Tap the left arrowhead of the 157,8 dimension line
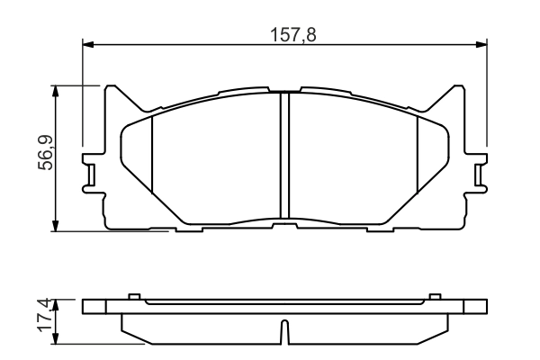(x=87, y=43)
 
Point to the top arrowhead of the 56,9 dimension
(x=57, y=90)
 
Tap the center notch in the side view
(x=284, y=334)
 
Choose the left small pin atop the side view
(x=133, y=296)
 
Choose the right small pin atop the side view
(x=436, y=296)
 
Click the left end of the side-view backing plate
(x=86, y=306)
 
